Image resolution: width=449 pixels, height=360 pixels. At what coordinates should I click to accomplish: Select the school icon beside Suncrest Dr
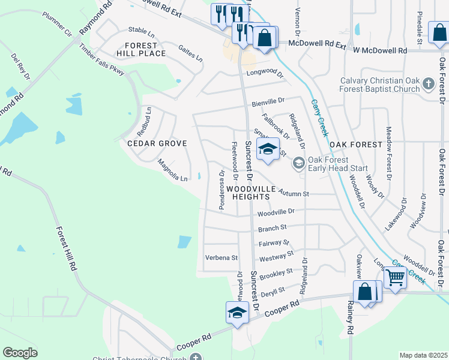pyautogui.click(x=268, y=149)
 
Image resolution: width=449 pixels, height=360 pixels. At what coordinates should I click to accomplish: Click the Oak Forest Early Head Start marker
pyautogui.click(x=298, y=163)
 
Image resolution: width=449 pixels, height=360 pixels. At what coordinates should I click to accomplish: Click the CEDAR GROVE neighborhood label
pyautogui.click(x=157, y=143)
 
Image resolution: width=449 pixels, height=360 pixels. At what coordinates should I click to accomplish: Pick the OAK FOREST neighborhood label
pyautogui.click(x=356, y=145)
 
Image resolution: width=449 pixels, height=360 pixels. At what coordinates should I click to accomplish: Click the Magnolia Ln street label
pyautogui.click(x=173, y=170)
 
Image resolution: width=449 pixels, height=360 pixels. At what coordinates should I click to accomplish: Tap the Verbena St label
pyautogui.click(x=222, y=258)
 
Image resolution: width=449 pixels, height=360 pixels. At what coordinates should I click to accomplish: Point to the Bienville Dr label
pyautogui.click(x=267, y=102)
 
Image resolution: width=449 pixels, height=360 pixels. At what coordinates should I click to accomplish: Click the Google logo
pyautogui.click(x=20, y=353)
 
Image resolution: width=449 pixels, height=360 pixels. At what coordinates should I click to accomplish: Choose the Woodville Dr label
pyautogui.click(x=276, y=212)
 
